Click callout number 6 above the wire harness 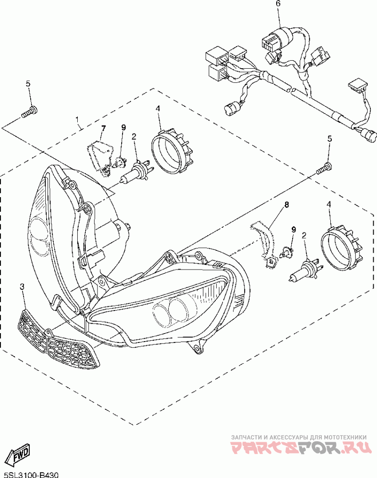[278, 4]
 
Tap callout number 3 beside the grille [22, 287]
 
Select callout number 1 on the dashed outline [78, 120]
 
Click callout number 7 [103, 128]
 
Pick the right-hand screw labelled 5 [324, 168]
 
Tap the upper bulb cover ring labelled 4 [173, 151]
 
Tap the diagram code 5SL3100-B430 [31, 474]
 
